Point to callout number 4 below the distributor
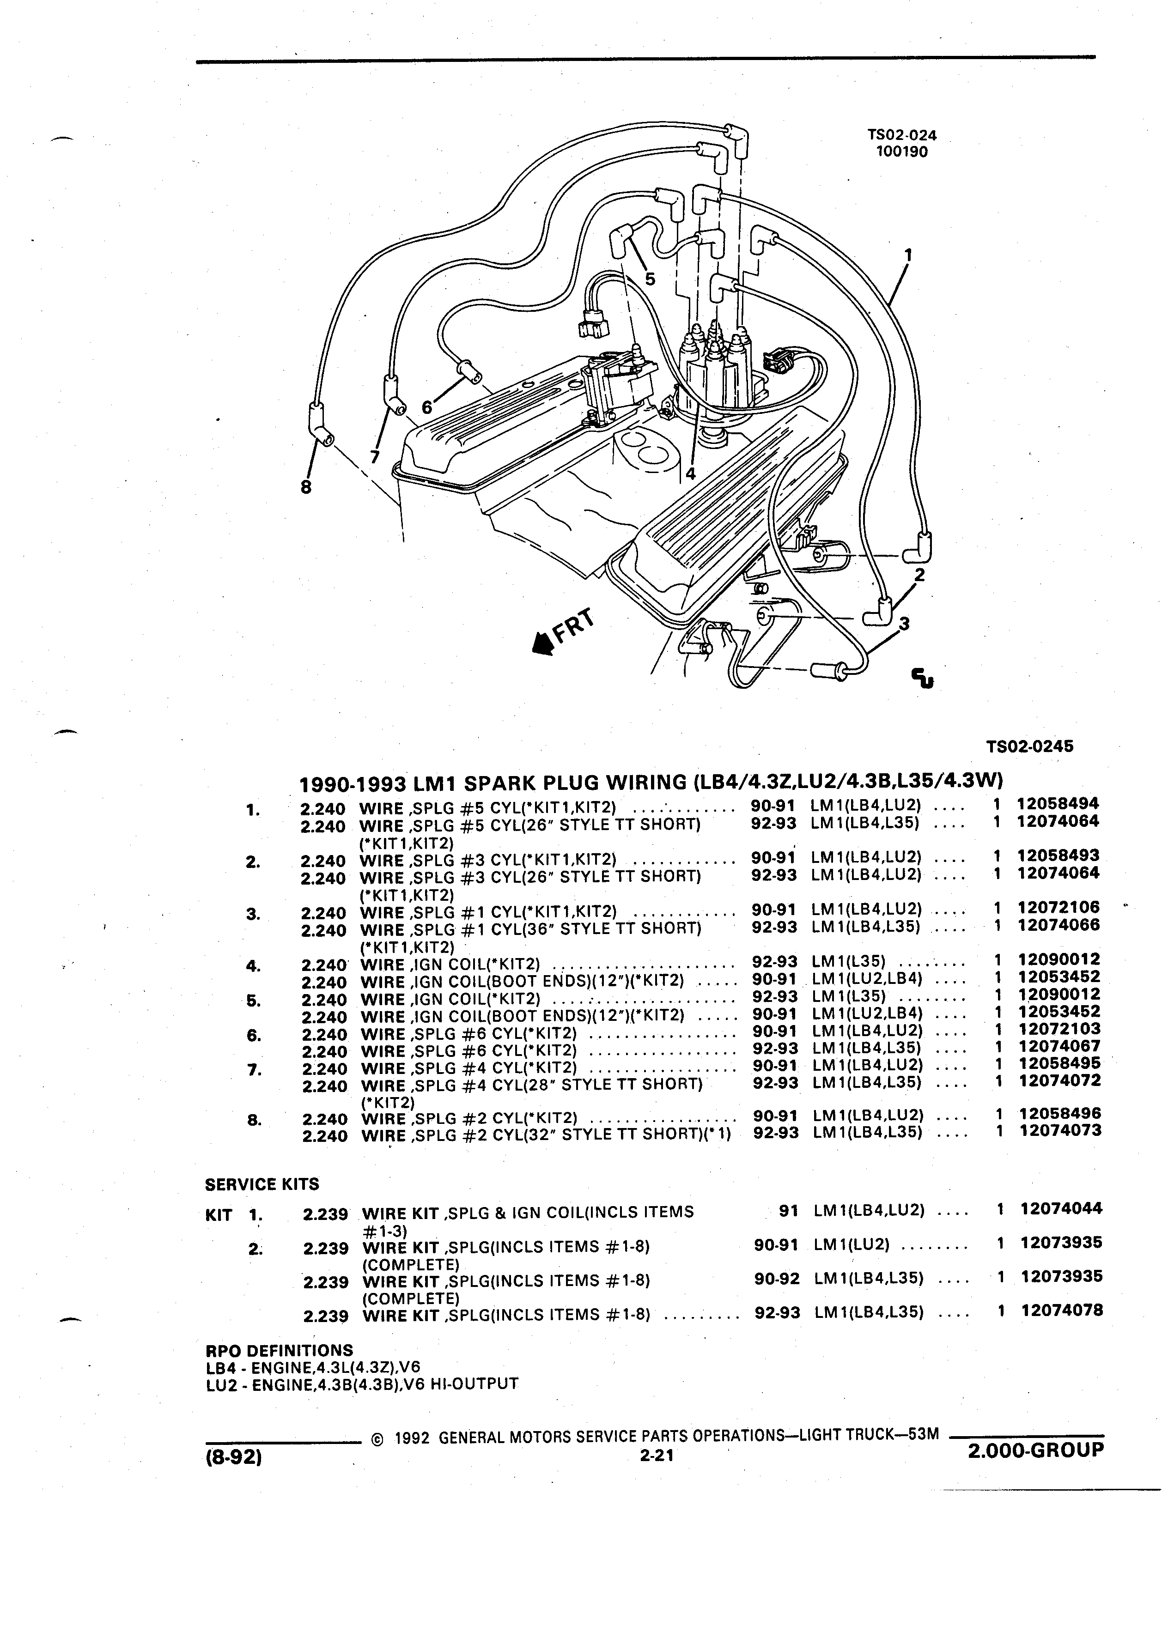coord(690,473)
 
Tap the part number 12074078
coord(1062,1311)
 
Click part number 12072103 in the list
coord(1059,1030)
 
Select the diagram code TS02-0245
coord(1030,746)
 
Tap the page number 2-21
coord(655,1456)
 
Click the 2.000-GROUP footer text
coord(1035,1450)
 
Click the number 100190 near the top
coord(902,152)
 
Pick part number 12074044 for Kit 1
coord(1062,1209)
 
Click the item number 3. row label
coord(252,914)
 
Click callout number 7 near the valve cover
coord(374,457)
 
